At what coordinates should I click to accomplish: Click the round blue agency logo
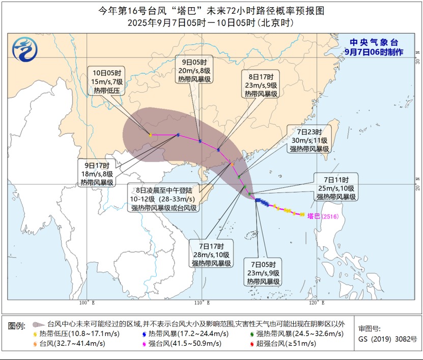tap(25, 50)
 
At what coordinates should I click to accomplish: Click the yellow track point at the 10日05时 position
tap(150, 134)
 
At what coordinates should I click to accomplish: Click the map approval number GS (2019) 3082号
tap(387, 339)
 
